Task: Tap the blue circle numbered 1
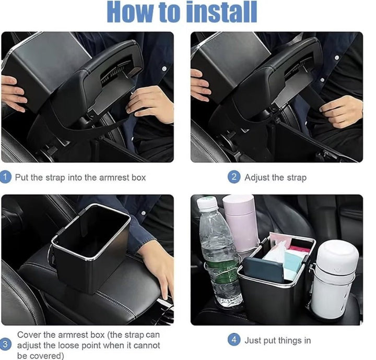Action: pos(5,177)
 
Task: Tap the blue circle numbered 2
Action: pos(234,177)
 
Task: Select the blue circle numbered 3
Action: pos(5,344)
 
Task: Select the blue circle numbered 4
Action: pos(234,340)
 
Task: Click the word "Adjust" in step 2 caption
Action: pos(257,178)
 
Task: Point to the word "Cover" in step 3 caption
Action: pos(29,334)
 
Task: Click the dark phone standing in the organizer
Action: pos(263,270)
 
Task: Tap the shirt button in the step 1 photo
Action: pos(164,69)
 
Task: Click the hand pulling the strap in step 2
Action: pos(342,112)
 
